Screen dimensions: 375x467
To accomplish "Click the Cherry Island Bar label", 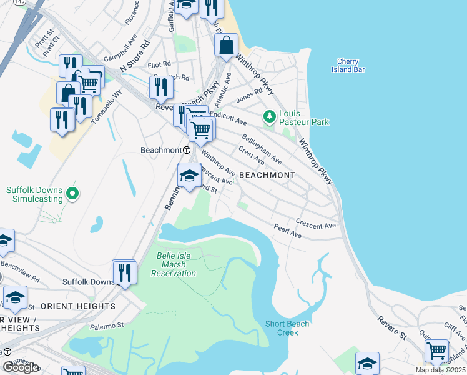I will [x=347, y=65].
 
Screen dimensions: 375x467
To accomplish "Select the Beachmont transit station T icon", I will [x=187, y=151].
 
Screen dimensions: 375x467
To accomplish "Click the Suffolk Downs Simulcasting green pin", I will [x=72, y=194].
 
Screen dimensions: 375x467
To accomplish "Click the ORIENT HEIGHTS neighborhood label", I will [x=78, y=306].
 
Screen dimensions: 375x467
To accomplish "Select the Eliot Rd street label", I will [x=159, y=64].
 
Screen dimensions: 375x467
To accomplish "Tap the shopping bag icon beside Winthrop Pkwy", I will [x=226, y=45].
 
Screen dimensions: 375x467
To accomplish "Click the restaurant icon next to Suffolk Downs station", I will [x=124, y=272].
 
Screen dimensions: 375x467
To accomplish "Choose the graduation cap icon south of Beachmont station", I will [x=189, y=176].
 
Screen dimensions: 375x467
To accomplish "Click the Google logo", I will [x=21, y=367].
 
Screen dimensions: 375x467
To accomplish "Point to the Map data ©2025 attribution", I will [x=440, y=370].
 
